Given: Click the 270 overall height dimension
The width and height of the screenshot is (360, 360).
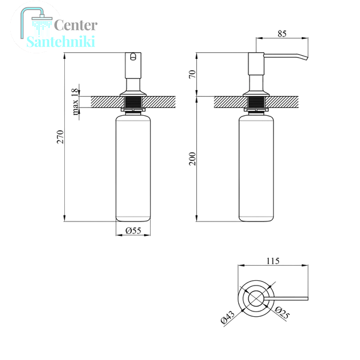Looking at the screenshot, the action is click(x=61, y=137).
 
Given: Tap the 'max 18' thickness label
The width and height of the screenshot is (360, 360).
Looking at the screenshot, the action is click(x=75, y=102).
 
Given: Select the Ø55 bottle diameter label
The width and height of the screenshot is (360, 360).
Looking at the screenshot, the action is click(x=133, y=230).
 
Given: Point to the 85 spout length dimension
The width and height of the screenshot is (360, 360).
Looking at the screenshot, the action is click(x=282, y=34).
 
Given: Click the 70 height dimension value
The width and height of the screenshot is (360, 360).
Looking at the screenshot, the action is click(x=193, y=74).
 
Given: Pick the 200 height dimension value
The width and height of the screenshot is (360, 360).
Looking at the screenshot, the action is click(x=193, y=158).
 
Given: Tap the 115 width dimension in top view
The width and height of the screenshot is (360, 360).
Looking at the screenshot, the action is click(x=273, y=261).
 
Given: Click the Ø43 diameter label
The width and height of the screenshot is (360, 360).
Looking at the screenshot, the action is click(x=227, y=317).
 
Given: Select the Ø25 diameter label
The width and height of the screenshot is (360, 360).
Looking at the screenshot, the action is click(x=282, y=313).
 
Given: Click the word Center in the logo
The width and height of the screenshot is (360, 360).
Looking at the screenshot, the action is click(x=76, y=25).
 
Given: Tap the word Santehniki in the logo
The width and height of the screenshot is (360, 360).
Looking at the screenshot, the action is click(x=61, y=41).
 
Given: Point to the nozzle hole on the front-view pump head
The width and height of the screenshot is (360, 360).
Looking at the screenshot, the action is click(x=133, y=56).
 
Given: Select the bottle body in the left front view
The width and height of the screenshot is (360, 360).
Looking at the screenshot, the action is click(x=133, y=168).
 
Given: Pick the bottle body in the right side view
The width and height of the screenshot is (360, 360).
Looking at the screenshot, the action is click(x=256, y=168).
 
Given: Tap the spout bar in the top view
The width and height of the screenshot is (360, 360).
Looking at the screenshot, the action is click(x=286, y=298).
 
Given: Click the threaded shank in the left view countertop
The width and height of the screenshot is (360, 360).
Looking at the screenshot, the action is click(x=133, y=102).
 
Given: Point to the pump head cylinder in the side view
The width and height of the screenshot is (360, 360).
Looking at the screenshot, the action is click(x=256, y=64).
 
